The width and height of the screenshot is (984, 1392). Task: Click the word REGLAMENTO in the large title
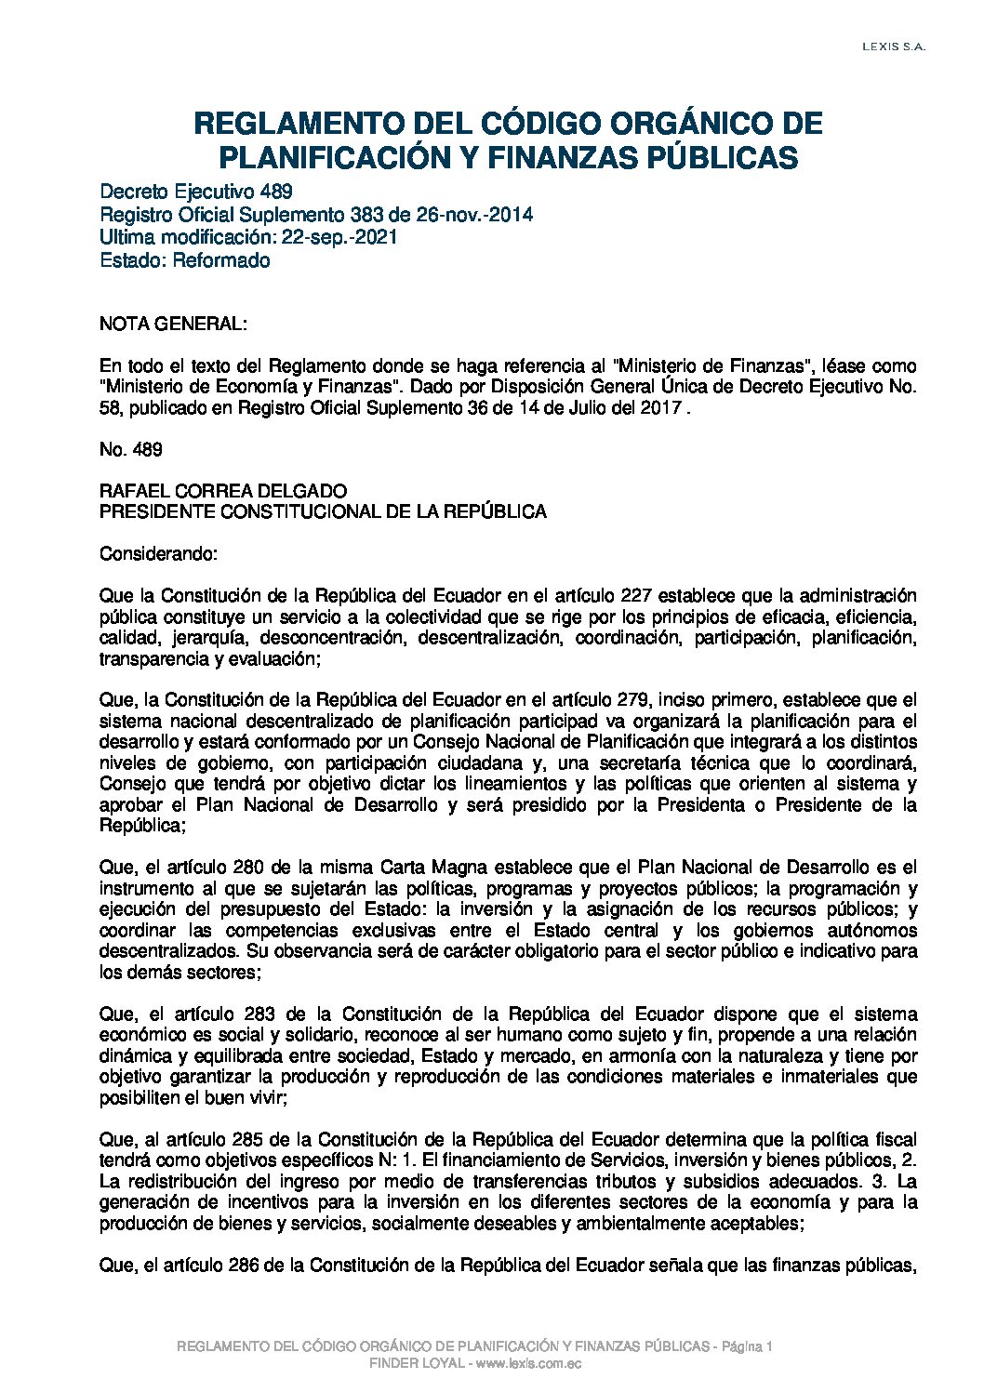point(286,124)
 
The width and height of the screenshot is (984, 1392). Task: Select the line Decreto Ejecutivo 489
point(196,192)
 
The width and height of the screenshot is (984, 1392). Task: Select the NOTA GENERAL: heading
point(173,325)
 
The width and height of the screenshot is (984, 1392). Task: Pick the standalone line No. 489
point(131,450)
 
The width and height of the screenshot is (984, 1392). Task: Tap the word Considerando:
point(158,554)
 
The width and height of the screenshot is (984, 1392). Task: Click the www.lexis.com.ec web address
point(531,1363)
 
